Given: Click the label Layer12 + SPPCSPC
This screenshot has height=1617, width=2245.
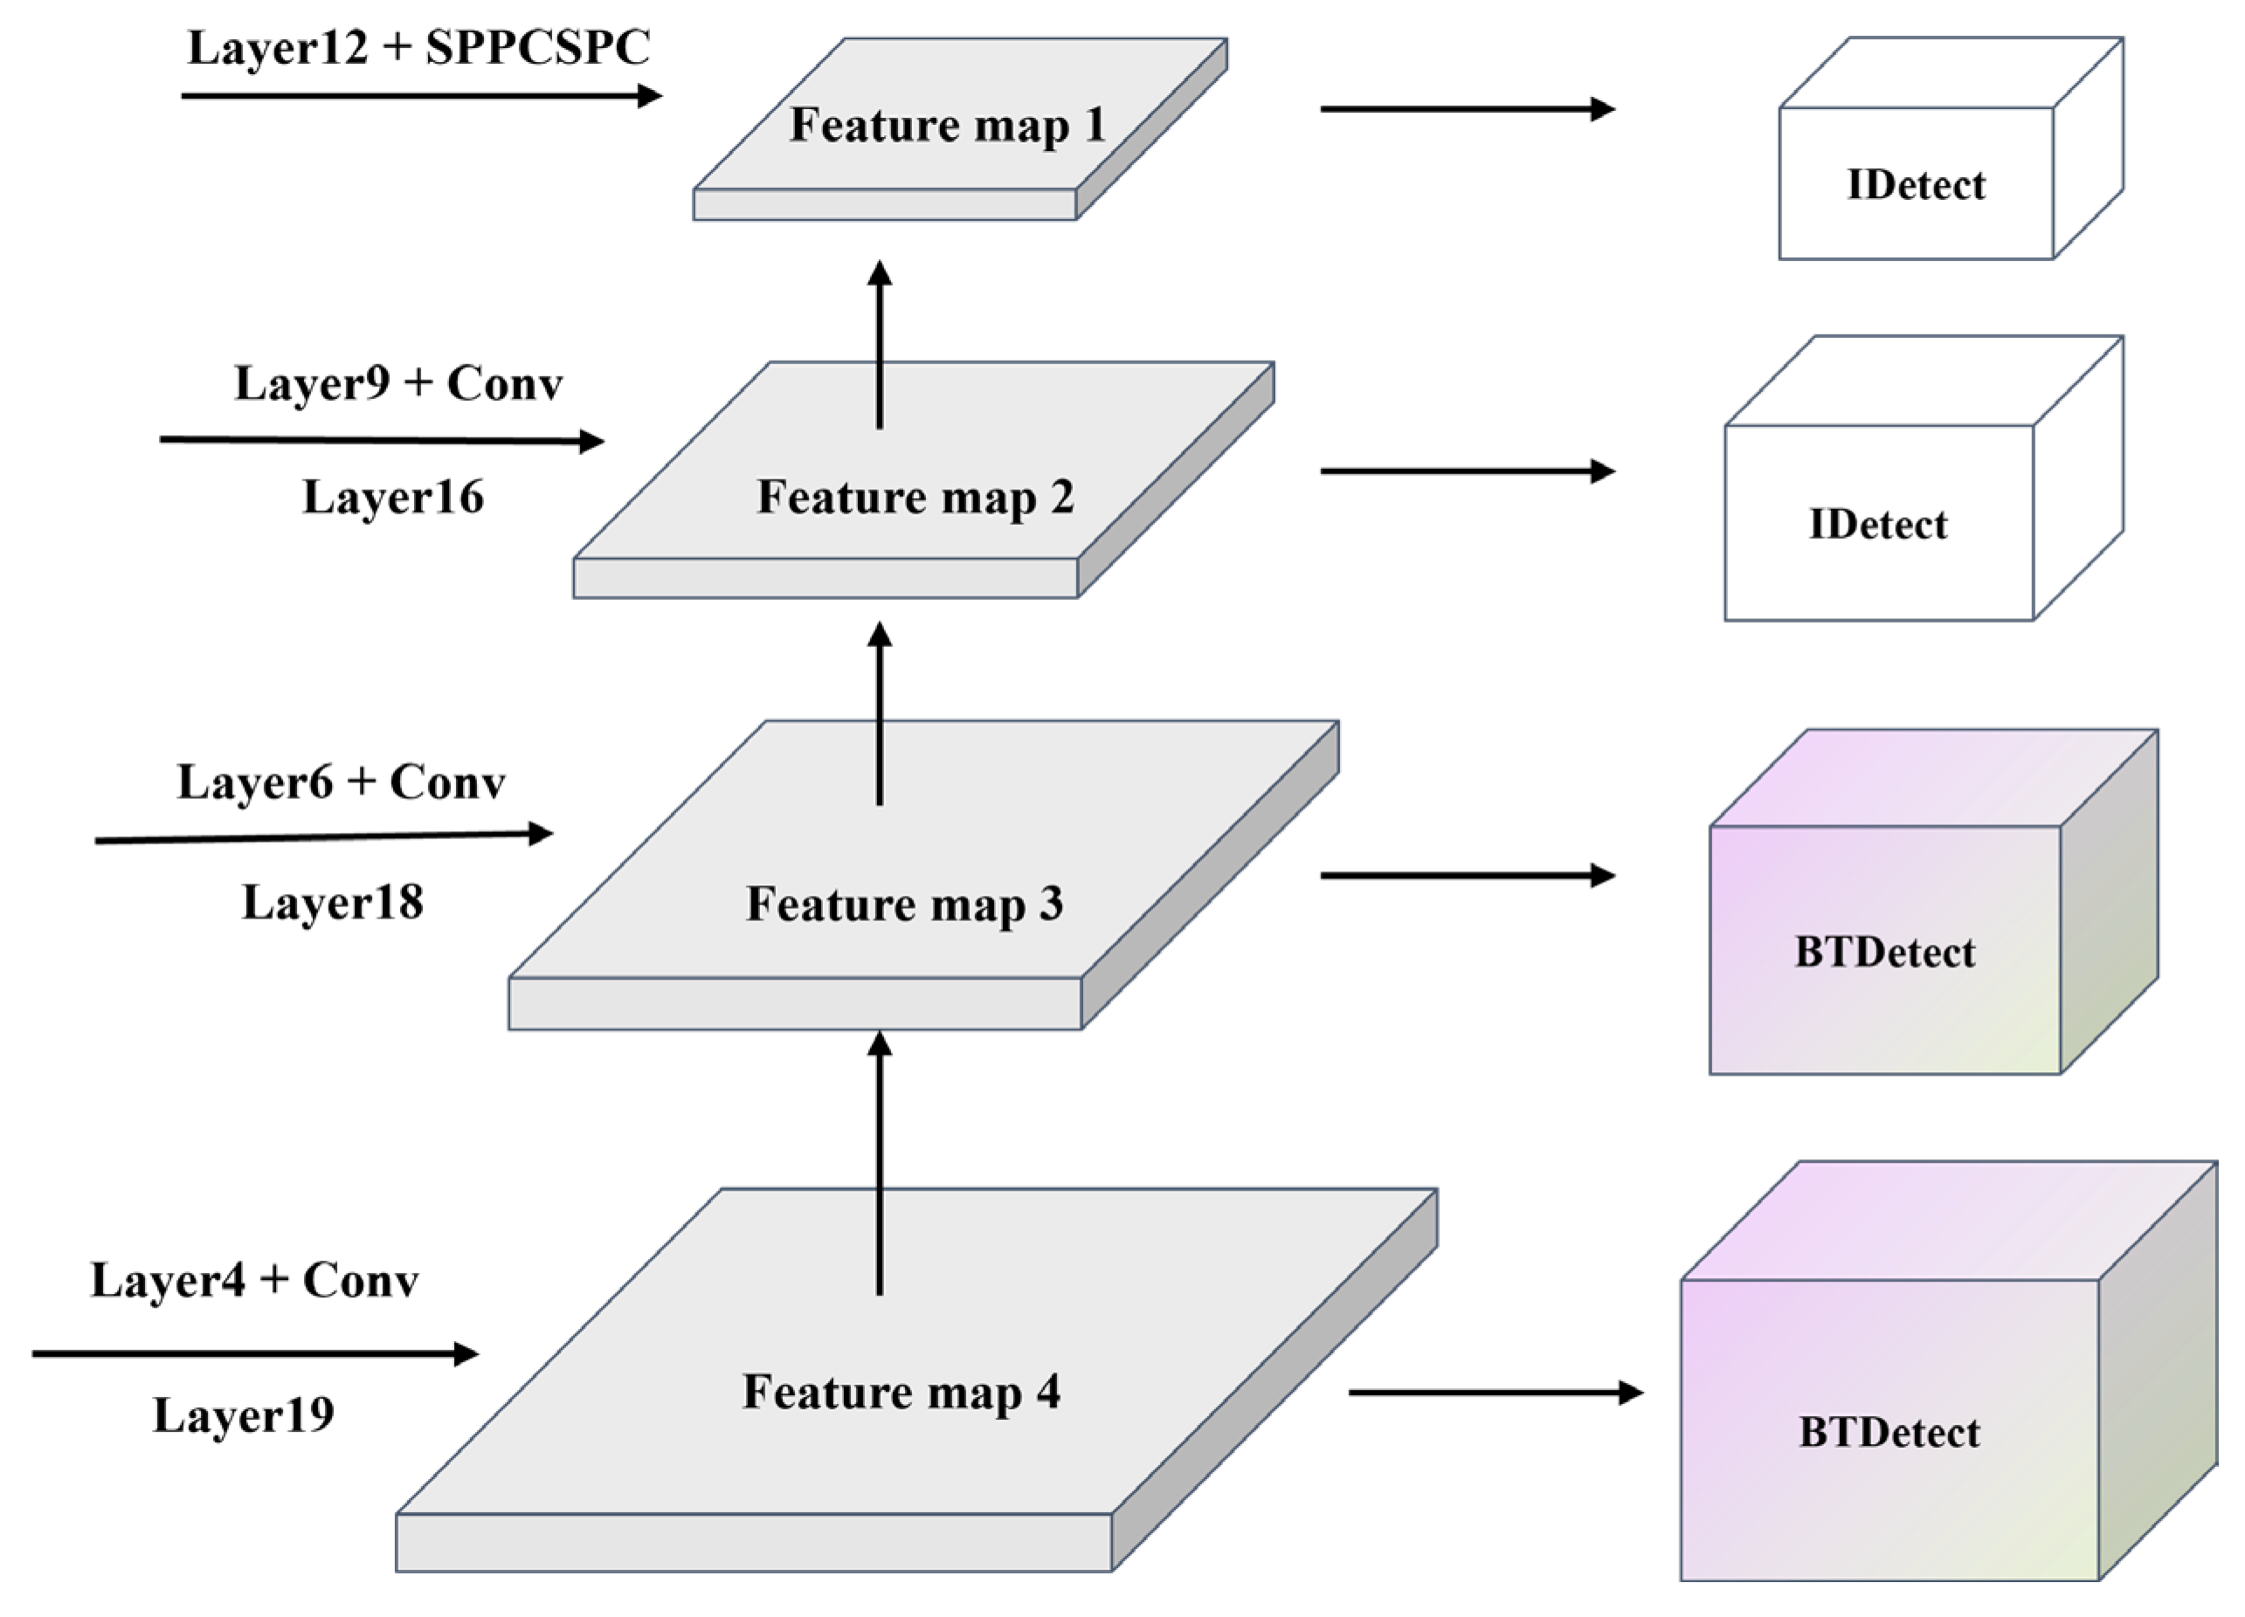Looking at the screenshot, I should pos(418,47).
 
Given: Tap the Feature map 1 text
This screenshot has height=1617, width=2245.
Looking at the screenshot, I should pos(947,125).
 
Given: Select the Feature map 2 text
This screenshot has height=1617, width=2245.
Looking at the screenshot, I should pos(915,497).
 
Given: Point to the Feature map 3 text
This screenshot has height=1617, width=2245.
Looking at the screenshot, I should pos(905,904).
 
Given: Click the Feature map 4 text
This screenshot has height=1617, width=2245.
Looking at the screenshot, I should pos(901,1392).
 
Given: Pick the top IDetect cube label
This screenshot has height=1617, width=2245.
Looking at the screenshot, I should pos(1916,185).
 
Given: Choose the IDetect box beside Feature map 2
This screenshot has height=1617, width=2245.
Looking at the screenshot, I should pos(1878,525).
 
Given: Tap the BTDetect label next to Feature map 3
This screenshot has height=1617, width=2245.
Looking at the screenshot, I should pos(1885,952).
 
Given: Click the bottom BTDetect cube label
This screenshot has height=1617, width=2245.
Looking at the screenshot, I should pos(1889,1432).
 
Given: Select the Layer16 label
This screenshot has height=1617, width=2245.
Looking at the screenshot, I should pos(393,497).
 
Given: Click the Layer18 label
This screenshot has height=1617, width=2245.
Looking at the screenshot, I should pos(333,903).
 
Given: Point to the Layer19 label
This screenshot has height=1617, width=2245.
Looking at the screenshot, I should pos(244,1414).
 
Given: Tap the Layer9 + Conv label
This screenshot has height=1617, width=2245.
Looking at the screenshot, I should pos(398,383).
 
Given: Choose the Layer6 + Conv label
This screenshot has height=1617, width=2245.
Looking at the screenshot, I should pos(341,781).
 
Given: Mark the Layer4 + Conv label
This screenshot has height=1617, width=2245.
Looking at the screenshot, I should pos(254,1280).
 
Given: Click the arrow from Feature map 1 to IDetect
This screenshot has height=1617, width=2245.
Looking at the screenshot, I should pos(1467,109).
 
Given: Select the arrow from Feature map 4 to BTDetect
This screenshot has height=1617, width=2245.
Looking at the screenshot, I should pos(1495,1393).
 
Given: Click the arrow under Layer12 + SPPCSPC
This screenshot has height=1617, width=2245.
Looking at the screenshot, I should pos(421,96).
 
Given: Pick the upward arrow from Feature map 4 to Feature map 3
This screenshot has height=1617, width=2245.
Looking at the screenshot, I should pos(880,1163).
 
